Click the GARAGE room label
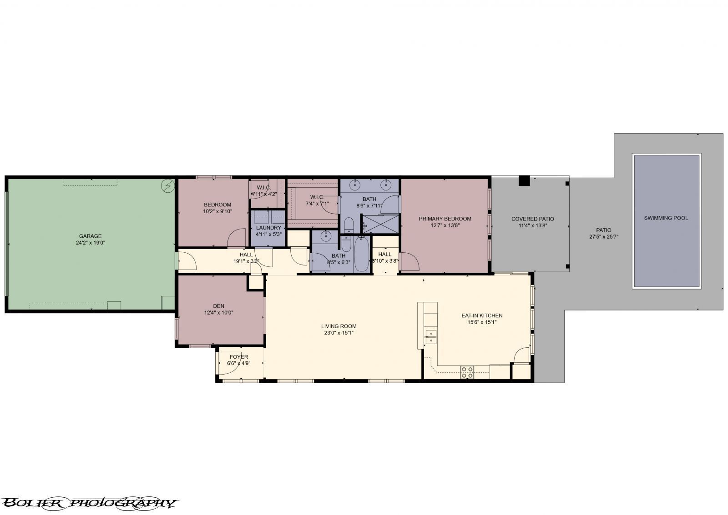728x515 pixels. [90, 236]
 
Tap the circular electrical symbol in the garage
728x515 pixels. [168, 185]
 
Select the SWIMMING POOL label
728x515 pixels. [666, 218]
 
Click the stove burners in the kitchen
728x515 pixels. [467, 372]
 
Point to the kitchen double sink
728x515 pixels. [430, 337]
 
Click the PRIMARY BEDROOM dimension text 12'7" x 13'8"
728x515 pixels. [445, 225]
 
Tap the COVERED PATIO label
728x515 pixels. [532, 219]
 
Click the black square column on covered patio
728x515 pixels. [524, 180]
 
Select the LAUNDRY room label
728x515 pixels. [268, 228]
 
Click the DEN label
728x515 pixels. [218, 306]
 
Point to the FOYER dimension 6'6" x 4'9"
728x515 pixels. [239, 363]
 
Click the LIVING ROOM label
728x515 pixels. [339, 326]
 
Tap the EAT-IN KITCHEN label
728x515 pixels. [482, 315]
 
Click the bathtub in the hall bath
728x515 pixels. [362, 255]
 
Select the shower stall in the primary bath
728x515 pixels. [380, 223]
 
